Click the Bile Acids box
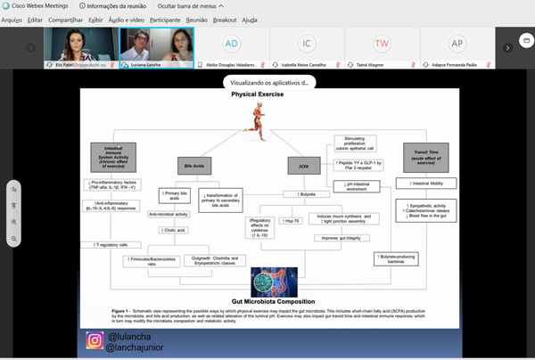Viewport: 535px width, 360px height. (188, 166)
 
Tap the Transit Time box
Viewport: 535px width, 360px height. (432, 159)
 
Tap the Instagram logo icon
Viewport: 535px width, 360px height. (95, 340)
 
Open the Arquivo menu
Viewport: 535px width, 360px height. (12, 20)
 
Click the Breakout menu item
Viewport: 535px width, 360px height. (225, 20)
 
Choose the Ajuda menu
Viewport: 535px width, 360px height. (250, 20)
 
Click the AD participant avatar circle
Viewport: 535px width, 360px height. (232, 43)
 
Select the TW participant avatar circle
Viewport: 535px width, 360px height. (382, 43)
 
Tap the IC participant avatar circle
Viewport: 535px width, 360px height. (307, 43)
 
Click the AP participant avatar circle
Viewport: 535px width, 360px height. (457, 43)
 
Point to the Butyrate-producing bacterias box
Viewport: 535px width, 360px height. (396, 258)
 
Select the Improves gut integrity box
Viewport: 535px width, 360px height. (342, 238)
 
